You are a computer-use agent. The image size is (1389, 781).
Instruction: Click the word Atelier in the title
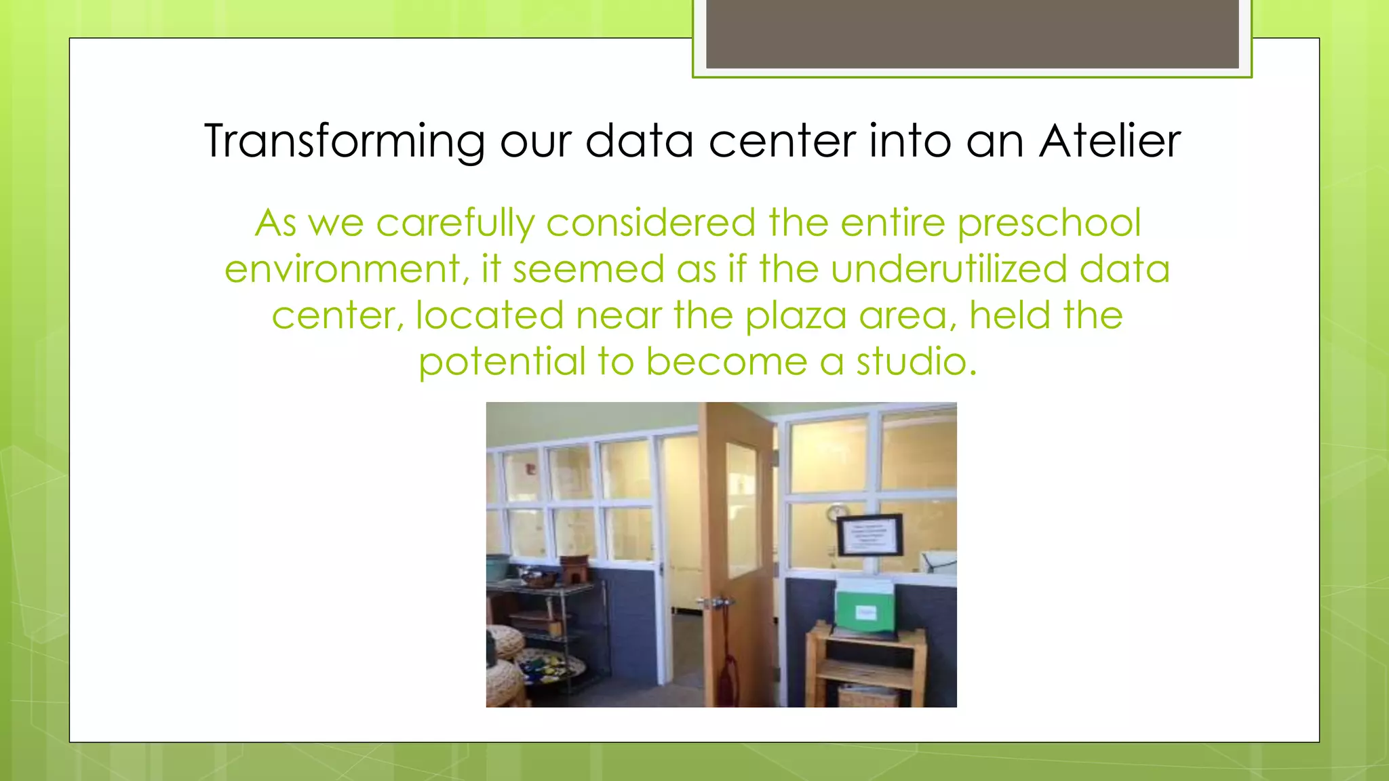(x=1110, y=141)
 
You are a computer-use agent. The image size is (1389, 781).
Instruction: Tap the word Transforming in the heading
(x=344, y=142)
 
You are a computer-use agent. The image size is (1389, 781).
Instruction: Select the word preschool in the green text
(x=1049, y=224)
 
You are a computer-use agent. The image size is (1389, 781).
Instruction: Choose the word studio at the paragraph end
(x=916, y=361)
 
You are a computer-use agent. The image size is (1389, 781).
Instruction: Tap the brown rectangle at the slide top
(x=972, y=34)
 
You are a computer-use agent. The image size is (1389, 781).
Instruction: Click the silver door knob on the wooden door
(x=711, y=602)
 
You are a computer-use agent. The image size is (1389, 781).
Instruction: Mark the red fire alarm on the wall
(x=532, y=469)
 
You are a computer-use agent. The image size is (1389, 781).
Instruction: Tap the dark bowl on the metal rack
(x=537, y=578)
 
